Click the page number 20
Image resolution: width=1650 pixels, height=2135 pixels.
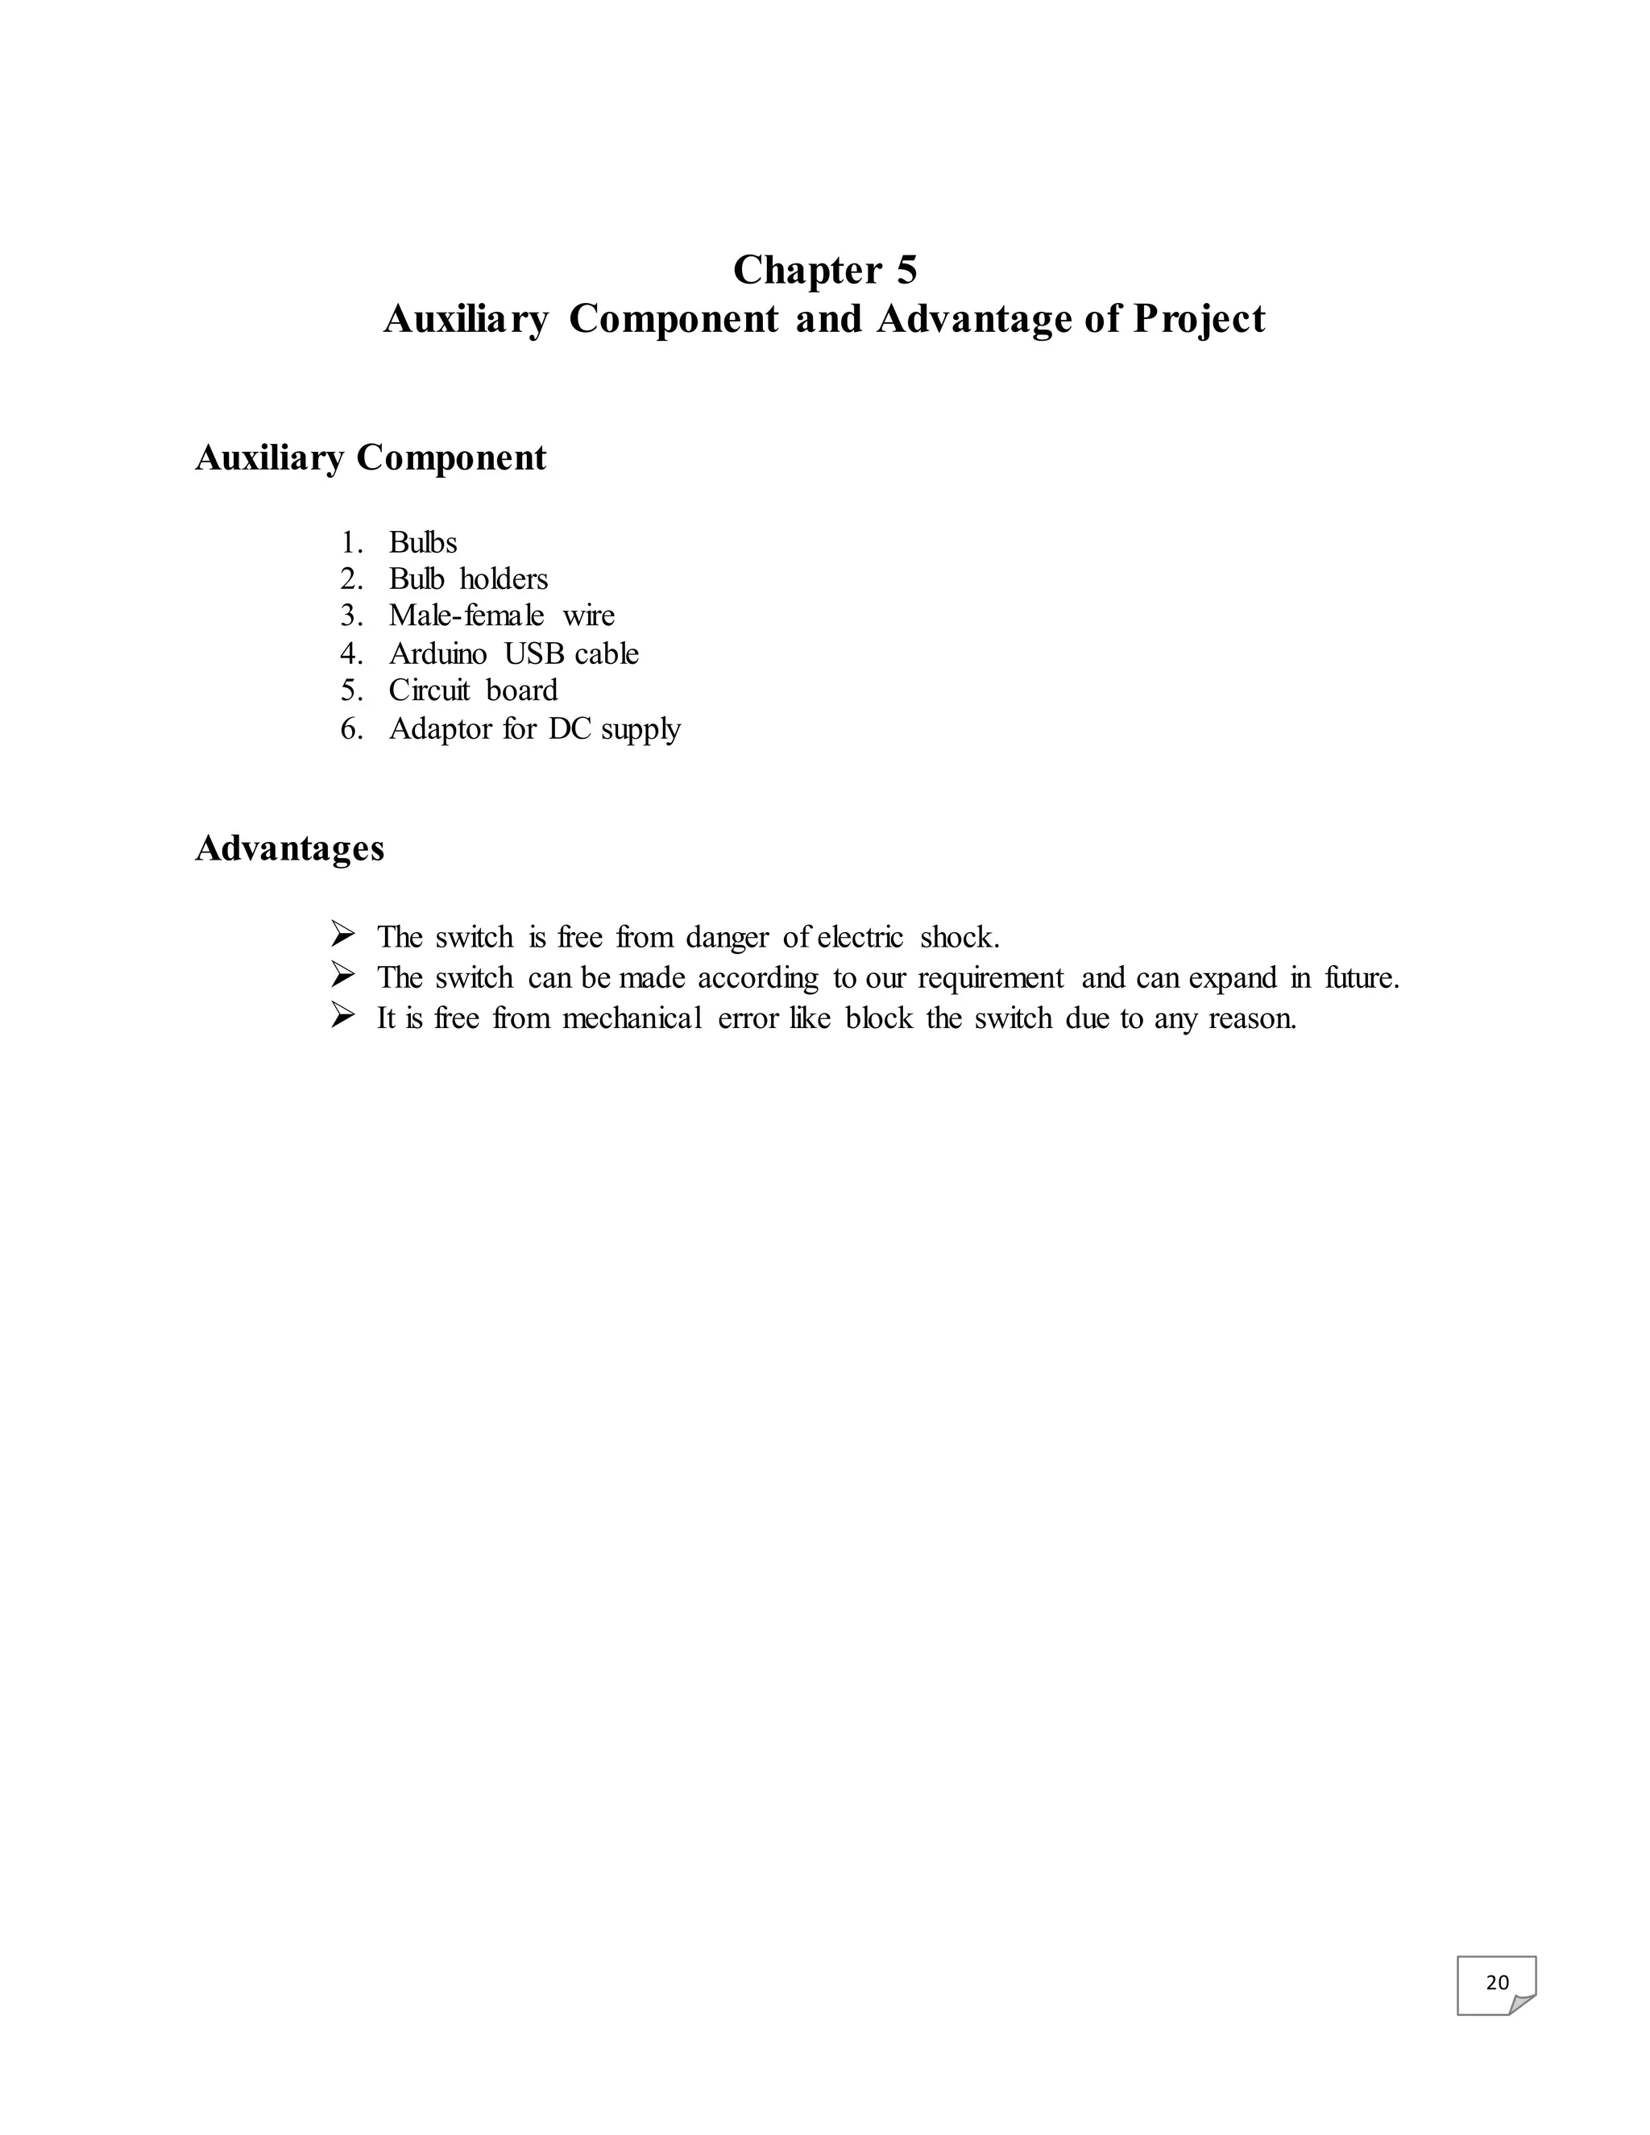pos(1497,1983)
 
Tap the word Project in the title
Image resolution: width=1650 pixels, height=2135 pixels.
pos(1200,320)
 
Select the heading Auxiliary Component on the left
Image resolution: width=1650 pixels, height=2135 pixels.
pos(371,458)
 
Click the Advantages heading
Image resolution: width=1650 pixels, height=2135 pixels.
pos(289,848)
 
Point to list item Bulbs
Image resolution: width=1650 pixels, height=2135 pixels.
pos(422,542)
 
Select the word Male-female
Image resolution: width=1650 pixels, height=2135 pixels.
pos(466,616)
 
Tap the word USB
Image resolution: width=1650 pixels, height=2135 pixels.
pos(535,653)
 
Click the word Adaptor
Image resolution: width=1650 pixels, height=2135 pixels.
pos(440,729)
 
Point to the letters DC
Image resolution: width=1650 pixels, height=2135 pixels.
pos(570,728)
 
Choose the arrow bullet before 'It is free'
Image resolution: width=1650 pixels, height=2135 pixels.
pos(343,1017)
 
